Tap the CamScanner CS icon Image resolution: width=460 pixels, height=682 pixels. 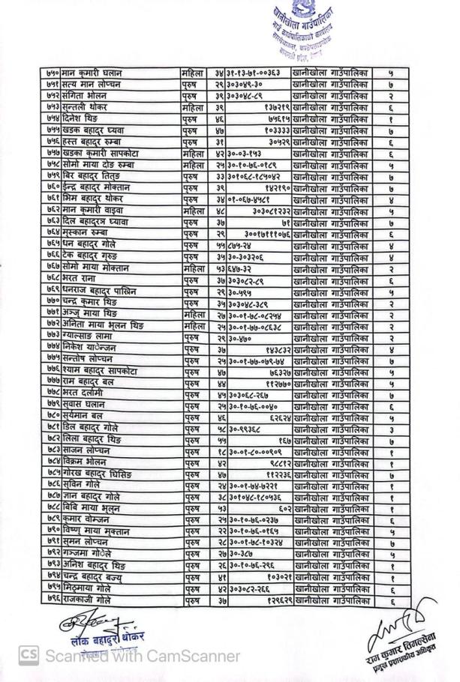[x=28, y=656]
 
